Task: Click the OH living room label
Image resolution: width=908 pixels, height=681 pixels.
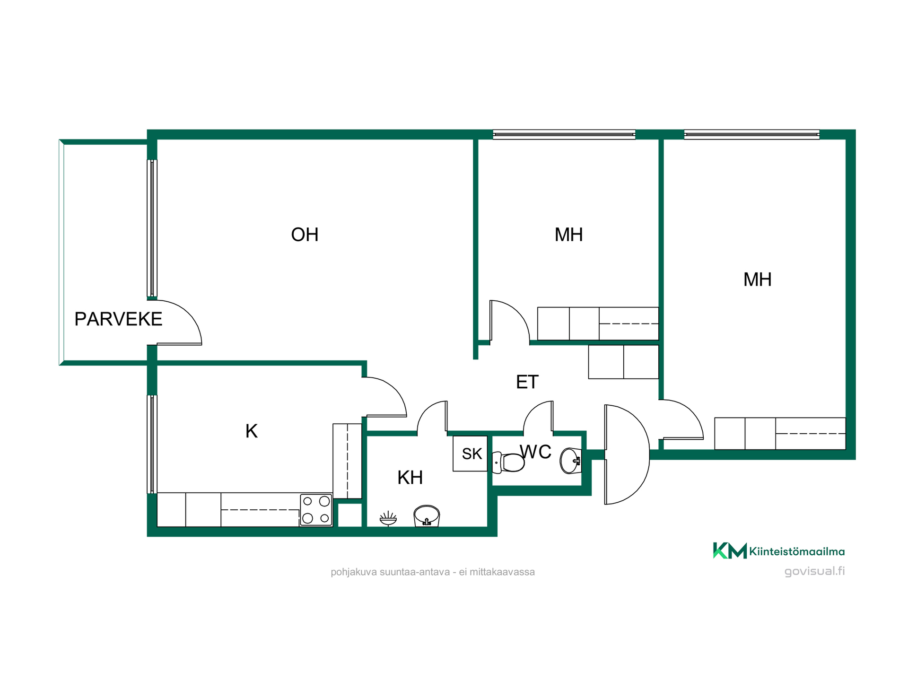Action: point(305,235)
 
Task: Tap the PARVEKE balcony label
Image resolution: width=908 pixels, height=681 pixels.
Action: point(118,319)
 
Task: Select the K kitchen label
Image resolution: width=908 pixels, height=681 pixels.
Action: point(251,431)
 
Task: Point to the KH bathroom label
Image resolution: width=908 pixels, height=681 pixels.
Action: point(410,478)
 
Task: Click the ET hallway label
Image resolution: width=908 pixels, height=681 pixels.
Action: point(527,382)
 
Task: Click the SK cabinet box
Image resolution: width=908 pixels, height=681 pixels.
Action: point(470,454)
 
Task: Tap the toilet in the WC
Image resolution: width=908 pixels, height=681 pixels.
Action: point(508,462)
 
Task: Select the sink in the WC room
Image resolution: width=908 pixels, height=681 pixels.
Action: point(570,461)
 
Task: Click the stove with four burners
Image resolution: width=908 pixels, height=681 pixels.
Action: point(316,510)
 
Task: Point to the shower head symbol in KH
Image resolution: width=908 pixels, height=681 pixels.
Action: point(388,518)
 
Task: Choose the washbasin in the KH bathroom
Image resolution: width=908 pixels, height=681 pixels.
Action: point(427,516)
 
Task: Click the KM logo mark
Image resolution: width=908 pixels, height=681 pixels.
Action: point(730,550)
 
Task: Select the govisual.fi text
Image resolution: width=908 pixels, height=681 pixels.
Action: point(814,571)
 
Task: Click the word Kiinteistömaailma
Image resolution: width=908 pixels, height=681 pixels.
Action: point(797,551)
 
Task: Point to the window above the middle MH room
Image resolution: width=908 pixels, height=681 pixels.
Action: point(564,135)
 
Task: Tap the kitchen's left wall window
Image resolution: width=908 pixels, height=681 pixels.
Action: point(152,445)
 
